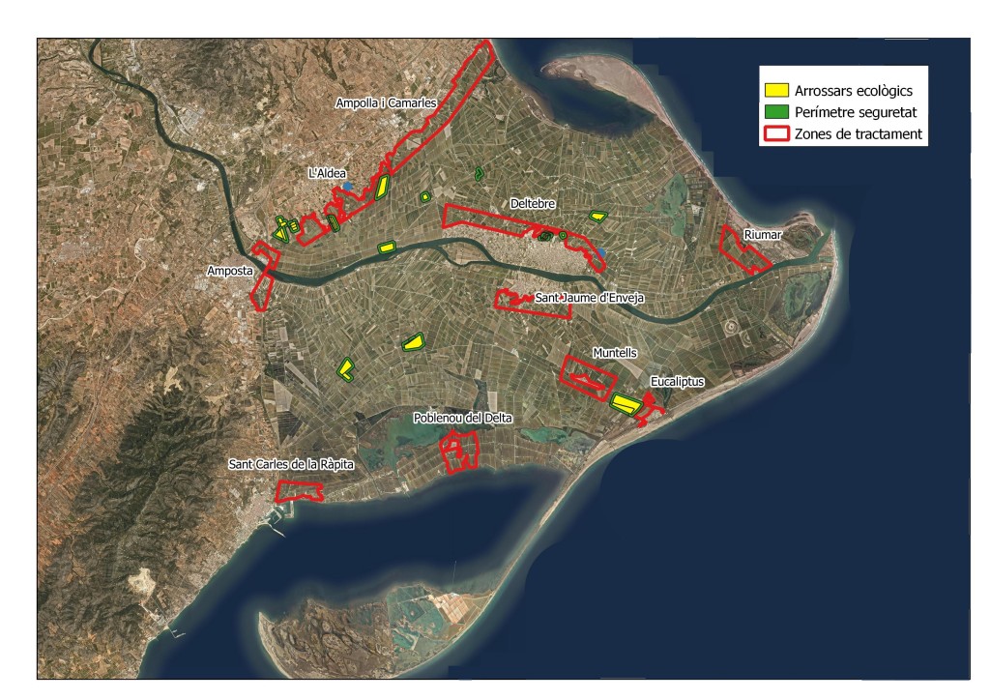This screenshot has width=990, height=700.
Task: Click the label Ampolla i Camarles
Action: (387, 102)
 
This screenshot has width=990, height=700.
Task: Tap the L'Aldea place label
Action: (326, 173)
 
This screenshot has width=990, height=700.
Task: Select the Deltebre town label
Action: (531, 204)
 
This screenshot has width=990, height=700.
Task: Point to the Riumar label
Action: (762, 235)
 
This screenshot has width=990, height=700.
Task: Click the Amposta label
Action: (228, 271)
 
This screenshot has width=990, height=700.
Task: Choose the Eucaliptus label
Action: (678, 383)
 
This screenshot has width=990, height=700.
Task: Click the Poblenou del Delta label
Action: (462, 418)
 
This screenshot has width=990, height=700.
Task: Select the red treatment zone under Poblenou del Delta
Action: (460, 450)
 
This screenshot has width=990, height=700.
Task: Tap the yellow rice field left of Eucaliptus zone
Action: (626, 403)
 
